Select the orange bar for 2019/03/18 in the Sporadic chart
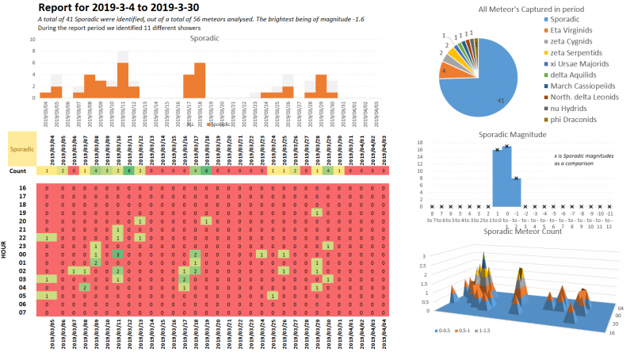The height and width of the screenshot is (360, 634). (200, 80)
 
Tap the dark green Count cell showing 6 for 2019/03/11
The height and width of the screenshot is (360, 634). (128, 170)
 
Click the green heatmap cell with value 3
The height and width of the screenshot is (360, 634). (117, 254)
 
